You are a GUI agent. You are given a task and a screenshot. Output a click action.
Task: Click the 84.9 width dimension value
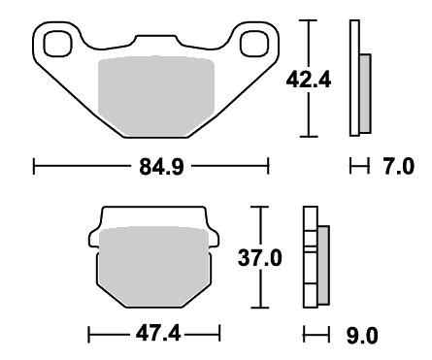[161, 167]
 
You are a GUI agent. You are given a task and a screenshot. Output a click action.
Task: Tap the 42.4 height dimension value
[309, 80]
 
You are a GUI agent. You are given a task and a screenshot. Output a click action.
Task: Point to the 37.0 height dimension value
[260, 258]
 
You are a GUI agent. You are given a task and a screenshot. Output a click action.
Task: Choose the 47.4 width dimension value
[158, 334]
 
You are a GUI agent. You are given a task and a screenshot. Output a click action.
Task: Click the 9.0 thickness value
[362, 336]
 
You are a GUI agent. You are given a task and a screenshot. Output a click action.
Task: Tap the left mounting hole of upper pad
[57, 44]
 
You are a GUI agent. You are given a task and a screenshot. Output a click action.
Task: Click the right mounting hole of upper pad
[255, 44]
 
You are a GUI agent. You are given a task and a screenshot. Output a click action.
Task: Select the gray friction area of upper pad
[156, 96]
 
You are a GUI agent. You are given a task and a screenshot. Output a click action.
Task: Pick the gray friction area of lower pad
[154, 267]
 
